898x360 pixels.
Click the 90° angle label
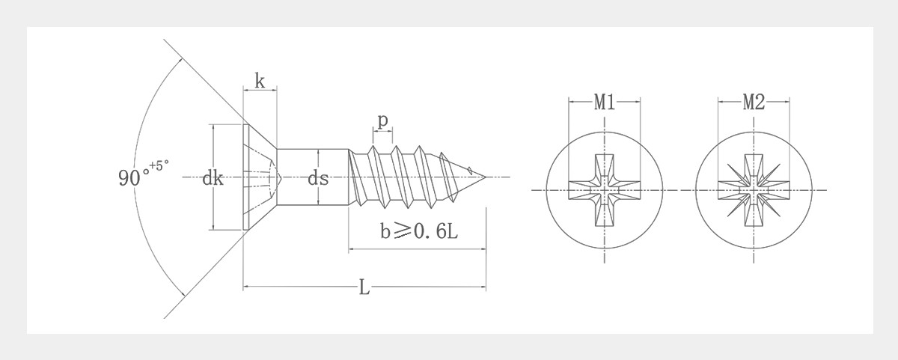(x=133, y=178)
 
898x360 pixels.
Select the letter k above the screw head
(x=260, y=82)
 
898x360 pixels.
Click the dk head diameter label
(x=213, y=178)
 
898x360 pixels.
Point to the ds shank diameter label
(x=319, y=178)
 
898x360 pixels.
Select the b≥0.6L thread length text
(x=418, y=233)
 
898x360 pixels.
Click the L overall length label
(x=364, y=288)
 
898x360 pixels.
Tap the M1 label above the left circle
(x=605, y=103)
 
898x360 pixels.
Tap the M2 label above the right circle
(x=754, y=103)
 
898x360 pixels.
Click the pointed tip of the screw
(x=483, y=177)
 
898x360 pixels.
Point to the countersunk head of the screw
(x=258, y=177)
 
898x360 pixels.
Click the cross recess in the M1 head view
(x=605, y=190)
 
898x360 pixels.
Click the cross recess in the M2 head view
(x=754, y=190)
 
